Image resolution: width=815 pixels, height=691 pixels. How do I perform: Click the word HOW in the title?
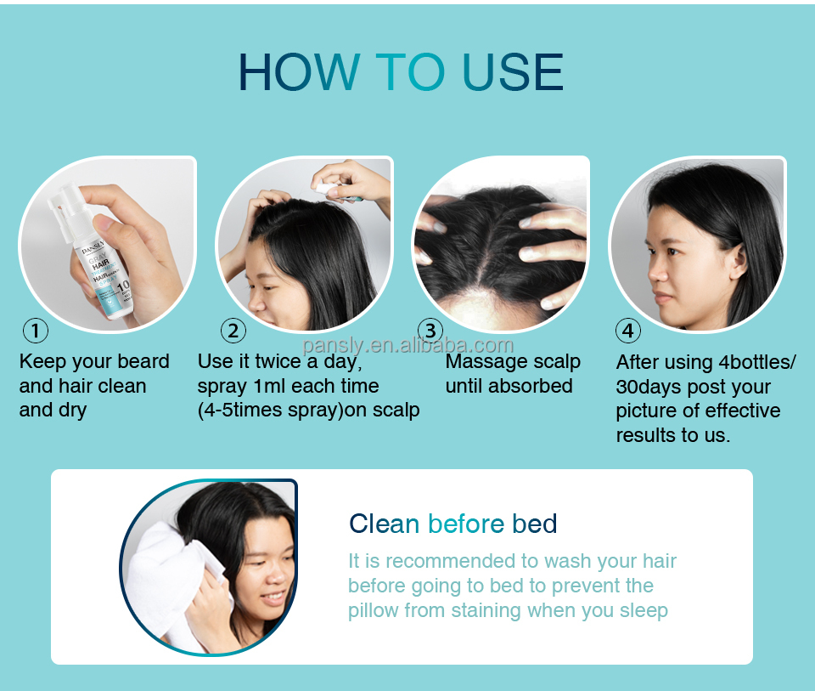click(299, 71)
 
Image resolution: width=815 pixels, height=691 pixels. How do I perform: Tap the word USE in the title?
click(512, 71)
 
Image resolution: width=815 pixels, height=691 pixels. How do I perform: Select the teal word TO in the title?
click(410, 71)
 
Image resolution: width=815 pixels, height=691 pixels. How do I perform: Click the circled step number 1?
click(36, 331)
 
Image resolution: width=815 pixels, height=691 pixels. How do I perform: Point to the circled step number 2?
click(233, 331)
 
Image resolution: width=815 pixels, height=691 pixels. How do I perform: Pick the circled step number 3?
click(430, 331)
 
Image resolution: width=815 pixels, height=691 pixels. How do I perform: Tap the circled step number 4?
click(628, 331)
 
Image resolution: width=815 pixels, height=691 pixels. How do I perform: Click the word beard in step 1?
click(143, 361)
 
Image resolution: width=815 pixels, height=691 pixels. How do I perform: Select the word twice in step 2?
click(278, 361)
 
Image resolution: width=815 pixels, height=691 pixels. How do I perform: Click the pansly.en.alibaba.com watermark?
click(408, 345)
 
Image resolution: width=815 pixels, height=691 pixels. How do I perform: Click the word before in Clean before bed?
click(466, 524)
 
